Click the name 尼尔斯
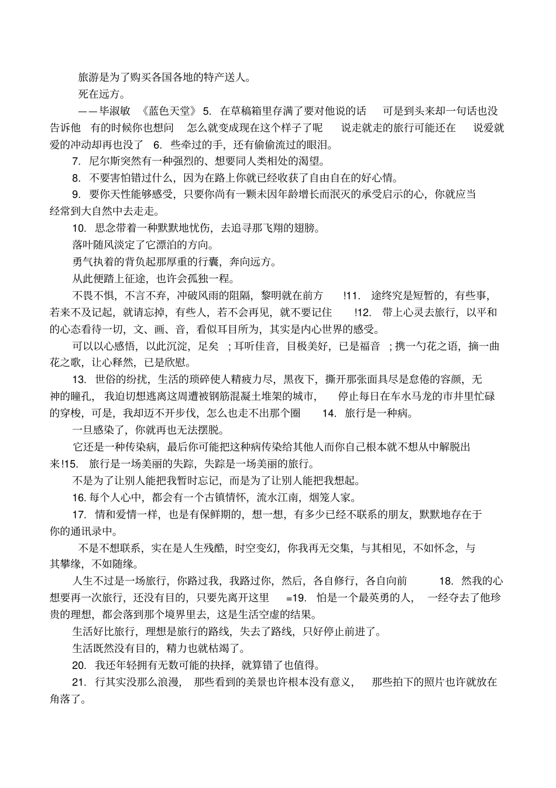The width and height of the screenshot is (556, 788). (105, 161)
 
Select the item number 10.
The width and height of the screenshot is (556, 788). (78, 228)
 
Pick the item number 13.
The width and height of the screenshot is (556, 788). (78, 380)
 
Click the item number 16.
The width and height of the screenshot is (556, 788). (79, 498)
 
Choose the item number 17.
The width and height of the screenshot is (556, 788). (79, 515)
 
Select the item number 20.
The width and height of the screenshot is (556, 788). (79, 666)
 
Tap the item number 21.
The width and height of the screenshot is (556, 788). (78, 683)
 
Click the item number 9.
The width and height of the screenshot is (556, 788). (75, 195)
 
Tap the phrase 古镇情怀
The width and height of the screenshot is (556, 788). (227, 498)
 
